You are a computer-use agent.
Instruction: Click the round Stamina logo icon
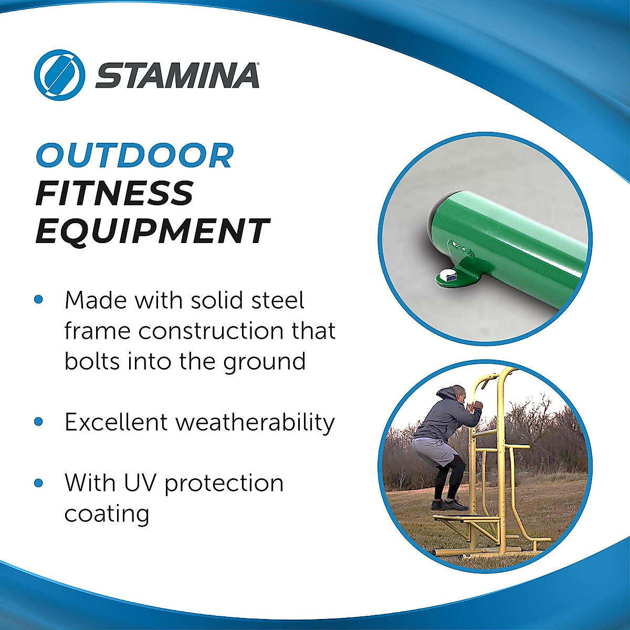59,75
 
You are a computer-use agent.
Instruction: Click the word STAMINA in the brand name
177,75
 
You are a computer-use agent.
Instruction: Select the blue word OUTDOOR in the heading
134,155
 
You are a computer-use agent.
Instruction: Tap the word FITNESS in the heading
114,193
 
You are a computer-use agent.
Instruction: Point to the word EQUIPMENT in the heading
152,231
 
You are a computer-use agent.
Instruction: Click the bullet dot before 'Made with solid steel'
38,300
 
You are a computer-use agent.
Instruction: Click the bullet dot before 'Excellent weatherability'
38,422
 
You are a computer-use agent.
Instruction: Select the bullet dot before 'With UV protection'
38,482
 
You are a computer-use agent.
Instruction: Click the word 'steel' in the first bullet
278,300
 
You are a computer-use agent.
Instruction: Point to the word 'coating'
107,513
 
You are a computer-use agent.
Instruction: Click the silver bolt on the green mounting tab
448,276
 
